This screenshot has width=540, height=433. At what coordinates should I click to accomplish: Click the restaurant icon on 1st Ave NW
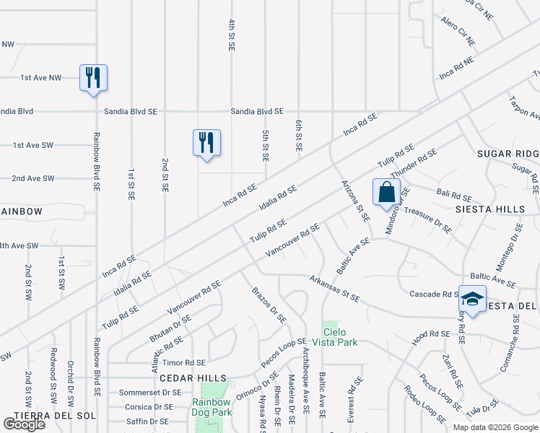pyautogui.click(x=93, y=76)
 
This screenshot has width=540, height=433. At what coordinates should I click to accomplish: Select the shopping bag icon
pyautogui.click(x=387, y=192)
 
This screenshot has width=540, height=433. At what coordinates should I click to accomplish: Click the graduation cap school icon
pyautogui.click(x=471, y=299)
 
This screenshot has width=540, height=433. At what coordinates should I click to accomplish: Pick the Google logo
pyautogui.click(x=25, y=424)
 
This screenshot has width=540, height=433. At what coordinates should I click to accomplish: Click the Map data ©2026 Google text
pyautogui.click(x=495, y=427)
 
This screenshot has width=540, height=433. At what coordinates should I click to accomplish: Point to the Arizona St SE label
pyautogui.click(x=354, y=200)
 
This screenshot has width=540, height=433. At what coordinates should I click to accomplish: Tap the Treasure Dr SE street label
pyautogui.click(x=427, y=220)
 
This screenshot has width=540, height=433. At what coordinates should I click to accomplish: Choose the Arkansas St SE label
pyautogui.click(x=334, y=286)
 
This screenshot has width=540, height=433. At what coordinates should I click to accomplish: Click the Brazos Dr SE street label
pyautogui.click(x=269, y=305)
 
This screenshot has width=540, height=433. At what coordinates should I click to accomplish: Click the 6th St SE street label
pyautogui.click(x=297, y=136)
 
